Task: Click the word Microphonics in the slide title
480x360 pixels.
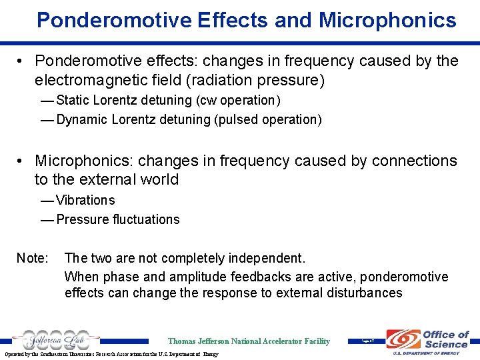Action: coord(387,20)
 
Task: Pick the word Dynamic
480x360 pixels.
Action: coord(81,120)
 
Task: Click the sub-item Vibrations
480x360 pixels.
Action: coord(85,200)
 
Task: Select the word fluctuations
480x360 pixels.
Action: coord(141,219)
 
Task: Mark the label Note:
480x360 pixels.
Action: coord(32,258)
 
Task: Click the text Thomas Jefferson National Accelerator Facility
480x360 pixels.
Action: coord(249,341)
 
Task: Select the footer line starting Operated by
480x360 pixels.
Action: coord(111,354)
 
